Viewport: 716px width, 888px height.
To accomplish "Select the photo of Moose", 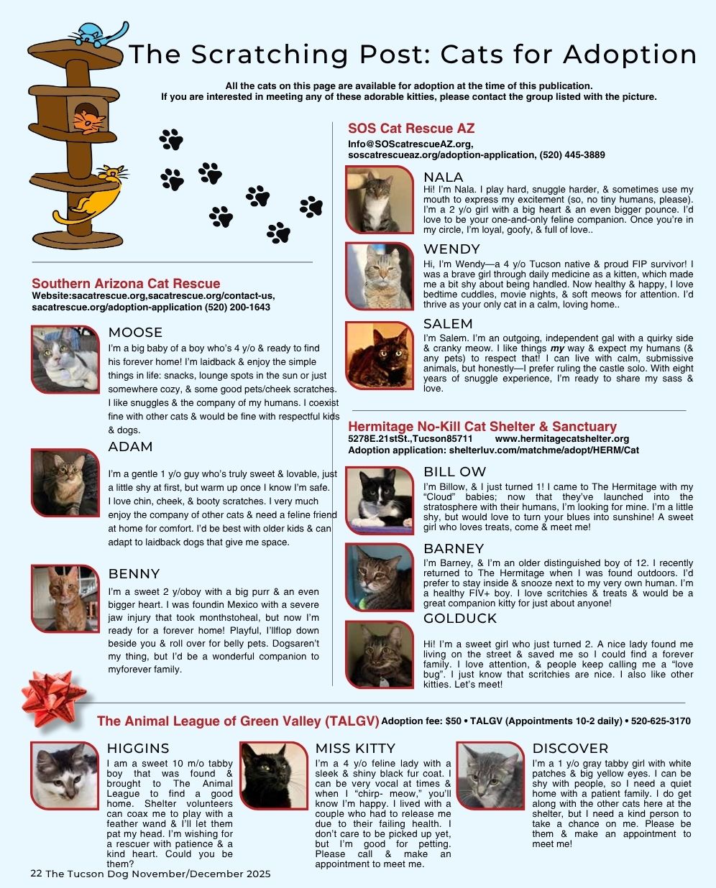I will (65, 359).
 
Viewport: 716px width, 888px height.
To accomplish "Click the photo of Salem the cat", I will (380, 355).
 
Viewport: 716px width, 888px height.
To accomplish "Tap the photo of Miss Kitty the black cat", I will (273, 776).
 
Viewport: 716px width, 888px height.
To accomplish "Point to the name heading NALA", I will (443, 177).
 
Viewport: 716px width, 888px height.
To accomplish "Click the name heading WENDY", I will (451, 249).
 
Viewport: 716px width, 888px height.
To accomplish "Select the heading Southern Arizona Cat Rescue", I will (126, 284).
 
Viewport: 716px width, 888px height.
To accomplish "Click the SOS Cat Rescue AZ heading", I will (411, 129).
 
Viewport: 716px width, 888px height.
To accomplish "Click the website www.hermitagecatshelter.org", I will (561, 438).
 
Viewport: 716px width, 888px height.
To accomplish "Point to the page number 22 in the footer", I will (36, 874).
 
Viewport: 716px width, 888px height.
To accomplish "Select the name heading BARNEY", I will (454, 549).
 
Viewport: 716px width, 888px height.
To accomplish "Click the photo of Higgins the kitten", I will (65, 776).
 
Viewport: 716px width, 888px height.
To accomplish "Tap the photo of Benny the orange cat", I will (65, 598).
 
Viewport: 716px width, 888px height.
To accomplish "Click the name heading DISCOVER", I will (570, 749).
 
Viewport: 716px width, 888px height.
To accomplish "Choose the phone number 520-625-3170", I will (661, 721).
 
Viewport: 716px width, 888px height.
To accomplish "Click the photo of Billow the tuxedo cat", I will (380, 501).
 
